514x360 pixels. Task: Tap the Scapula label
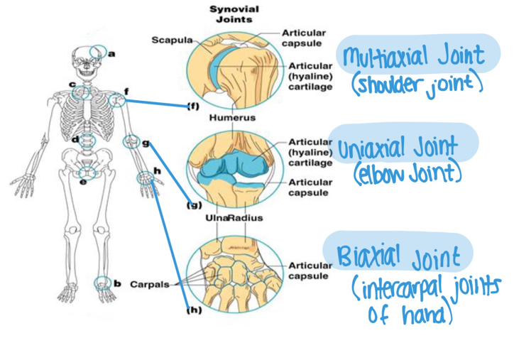168,39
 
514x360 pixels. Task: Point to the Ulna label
216,218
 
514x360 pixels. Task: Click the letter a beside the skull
112,53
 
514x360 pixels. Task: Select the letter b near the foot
117,284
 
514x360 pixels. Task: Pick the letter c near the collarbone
72,84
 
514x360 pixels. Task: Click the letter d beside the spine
75,139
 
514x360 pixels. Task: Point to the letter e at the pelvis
83,182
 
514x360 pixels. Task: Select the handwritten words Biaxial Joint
398,255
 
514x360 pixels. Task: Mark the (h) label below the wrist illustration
193,310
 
